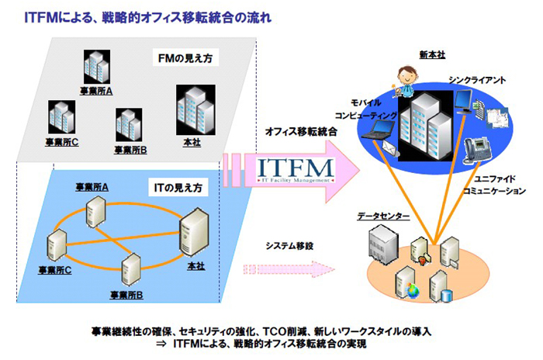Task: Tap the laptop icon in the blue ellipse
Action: click(382, 137)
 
